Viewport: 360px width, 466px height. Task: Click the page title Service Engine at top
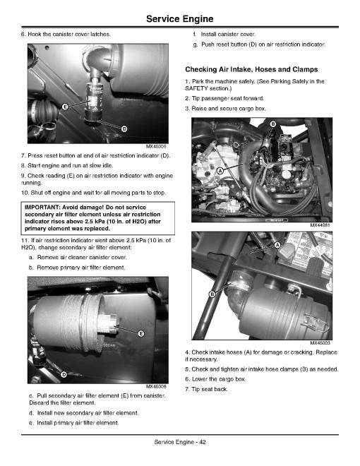click(x=180, y=19)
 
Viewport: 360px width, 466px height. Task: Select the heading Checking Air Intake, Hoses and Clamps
click(x=251, y=69)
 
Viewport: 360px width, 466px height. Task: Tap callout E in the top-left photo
click(x=65, y=107)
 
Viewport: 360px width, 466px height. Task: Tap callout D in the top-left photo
click(x=124, y=129)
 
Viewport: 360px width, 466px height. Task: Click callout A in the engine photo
click(x=220, y=171)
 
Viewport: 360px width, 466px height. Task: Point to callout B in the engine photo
click(x=273, y=124)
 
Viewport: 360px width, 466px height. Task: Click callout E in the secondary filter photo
click(x=141, y=334)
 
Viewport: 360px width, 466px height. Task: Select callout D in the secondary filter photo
click(x=64, y=375)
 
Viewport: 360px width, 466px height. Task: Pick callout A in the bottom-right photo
click(x=277, y=245)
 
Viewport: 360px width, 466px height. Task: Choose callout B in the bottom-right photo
click(x=212, y=294)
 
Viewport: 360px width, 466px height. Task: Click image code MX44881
click(x=320, y=225)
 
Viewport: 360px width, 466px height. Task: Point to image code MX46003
click(x=320, y=343)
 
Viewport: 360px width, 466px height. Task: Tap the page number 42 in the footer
click(x=202, y=442)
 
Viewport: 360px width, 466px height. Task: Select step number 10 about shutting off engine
click(x=25, y=193)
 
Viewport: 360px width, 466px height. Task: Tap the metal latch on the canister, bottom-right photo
click(x=317, y=323)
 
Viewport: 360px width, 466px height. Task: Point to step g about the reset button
click(x=259, y=44)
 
